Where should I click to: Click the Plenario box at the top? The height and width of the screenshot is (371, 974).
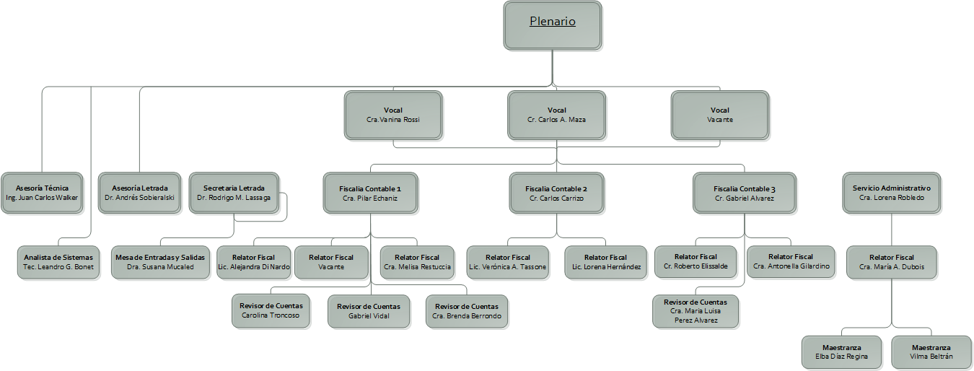(553, 25)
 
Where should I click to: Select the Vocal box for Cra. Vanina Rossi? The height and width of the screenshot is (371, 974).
(393, 115)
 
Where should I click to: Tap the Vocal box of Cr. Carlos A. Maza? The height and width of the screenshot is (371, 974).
(556, 115)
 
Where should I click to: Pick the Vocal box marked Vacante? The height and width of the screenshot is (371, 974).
(719, 115)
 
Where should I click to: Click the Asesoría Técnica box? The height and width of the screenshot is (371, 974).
(42, 193)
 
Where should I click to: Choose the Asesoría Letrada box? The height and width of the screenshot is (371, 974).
(140, 193)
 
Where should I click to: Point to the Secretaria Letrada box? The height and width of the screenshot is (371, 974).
(234, 193)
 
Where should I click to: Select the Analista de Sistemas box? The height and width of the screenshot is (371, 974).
(58, 262)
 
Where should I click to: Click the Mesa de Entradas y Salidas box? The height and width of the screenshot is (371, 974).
(159, 262)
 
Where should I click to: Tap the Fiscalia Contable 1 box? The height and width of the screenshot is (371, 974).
(370, 193)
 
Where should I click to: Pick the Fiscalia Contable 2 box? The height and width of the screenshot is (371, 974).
(556, 193)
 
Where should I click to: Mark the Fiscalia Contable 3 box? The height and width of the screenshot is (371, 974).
(745, 193)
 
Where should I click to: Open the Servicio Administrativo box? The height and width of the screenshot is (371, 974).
(892, 193)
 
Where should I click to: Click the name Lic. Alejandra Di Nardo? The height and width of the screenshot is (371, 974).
(253, 267)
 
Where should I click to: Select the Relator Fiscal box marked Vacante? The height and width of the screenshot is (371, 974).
(331, 262)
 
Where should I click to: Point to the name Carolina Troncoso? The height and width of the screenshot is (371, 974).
(271, 315)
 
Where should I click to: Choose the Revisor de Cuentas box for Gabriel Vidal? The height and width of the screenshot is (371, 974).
(369, 311)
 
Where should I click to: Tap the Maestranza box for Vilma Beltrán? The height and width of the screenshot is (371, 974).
(931, 352)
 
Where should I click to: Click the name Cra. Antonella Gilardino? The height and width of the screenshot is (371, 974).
(791, 266)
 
